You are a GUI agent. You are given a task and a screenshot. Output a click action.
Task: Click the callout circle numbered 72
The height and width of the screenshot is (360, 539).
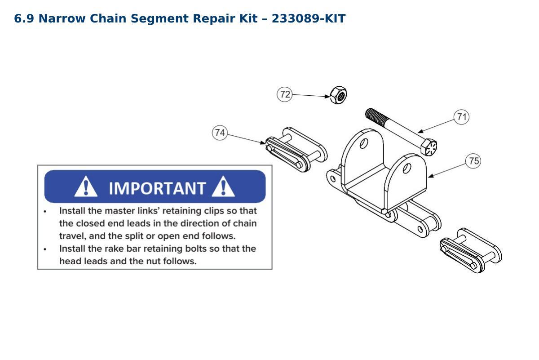click(285, 94)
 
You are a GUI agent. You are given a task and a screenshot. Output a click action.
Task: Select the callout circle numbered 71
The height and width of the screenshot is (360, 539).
click(462, 117)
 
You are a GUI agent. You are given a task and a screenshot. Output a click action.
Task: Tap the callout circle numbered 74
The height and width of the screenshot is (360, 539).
click(220, 133)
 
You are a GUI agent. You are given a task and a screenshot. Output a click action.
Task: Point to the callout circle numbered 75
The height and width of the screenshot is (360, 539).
click(473, 161)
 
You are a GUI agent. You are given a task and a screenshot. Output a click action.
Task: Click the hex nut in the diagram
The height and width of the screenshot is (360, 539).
click(339, 95)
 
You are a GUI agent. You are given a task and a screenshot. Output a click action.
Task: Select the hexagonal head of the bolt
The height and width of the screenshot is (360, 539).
click(429, 147)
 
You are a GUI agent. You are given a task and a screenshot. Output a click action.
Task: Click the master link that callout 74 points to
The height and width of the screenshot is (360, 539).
click(296, 150)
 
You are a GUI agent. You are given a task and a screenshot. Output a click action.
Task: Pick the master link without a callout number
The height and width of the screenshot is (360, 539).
click(471, 250)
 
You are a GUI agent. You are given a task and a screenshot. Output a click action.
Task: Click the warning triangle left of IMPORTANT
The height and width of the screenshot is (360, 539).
click(86, 187)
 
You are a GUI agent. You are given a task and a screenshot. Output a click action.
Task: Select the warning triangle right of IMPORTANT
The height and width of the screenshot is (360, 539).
click(223, 187)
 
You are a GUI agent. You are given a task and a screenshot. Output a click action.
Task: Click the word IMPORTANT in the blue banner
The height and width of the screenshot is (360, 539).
click(157, 188)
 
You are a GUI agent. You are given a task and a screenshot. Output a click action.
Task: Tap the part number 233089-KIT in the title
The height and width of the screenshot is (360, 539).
click(309, 18)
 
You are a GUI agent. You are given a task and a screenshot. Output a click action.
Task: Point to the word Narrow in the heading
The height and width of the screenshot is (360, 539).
click(62, 18)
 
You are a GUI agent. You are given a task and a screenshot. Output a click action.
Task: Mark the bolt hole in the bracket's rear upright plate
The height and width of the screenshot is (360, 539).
click(364, 143)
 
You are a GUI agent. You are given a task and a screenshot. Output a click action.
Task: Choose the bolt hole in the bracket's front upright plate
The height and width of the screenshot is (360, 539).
click(407, 168)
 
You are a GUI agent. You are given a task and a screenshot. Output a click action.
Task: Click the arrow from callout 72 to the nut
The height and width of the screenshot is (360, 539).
click(311, 96)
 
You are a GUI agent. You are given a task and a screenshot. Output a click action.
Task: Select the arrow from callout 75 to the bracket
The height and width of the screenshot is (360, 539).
click(447, 170)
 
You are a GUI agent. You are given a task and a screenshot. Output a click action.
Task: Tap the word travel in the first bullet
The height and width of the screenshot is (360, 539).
click(72, 236)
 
